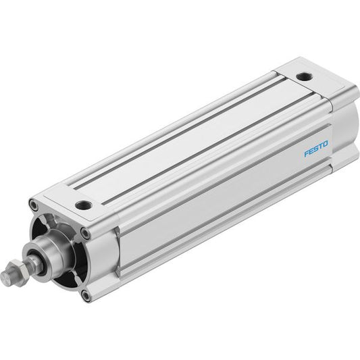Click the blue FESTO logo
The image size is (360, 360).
point(316,149)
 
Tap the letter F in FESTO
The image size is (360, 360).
point(307,153)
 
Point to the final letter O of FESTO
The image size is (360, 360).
point(325,145)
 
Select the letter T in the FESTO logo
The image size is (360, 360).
point(321,147)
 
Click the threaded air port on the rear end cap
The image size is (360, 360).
point(305,76)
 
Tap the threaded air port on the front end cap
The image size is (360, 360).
point(84,204)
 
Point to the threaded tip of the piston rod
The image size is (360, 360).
point(5,278)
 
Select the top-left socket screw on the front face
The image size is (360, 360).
point(34,205)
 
